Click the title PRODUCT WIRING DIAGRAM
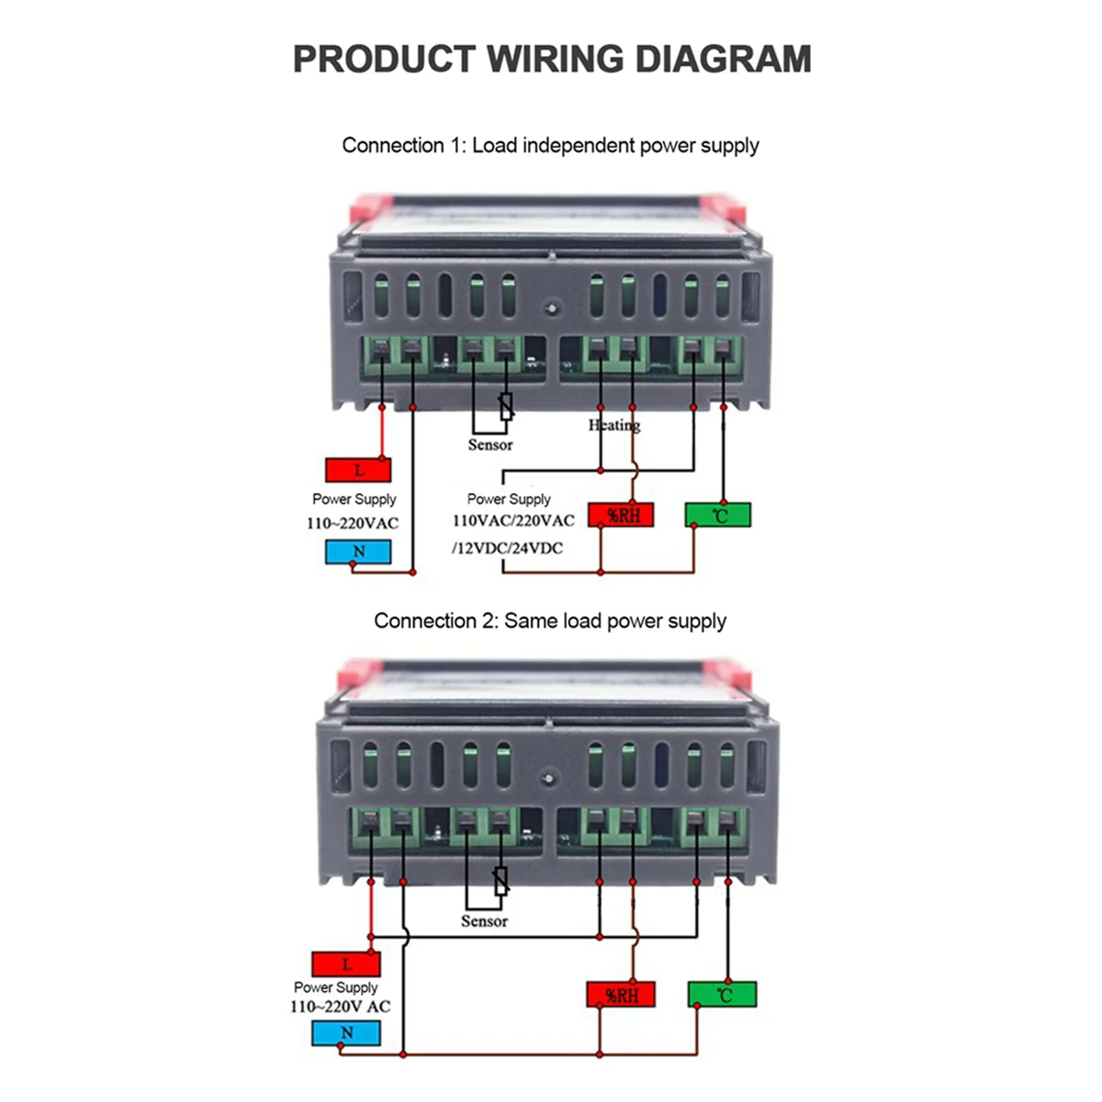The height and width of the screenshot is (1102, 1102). (x=551, y=59)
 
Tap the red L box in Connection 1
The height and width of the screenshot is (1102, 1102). (x=358, y=470)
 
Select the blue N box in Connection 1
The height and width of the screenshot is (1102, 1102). (x=358, y=551)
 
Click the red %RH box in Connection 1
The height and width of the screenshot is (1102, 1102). (x=622, y=515)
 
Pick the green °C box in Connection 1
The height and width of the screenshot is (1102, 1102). (x=718, y=515)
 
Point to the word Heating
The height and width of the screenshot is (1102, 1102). (x=613, y=425)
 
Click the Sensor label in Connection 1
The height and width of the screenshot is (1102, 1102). (x=490, y=445)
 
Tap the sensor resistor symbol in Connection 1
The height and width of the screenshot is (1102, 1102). (x=506, y=407)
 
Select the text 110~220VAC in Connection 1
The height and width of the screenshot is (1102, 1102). (x=353, y=523)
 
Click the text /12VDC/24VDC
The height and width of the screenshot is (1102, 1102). (x=507, y=548)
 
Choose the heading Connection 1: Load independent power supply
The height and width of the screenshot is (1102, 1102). (x=550, y=145)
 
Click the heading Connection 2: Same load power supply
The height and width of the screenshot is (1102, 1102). (x=550, y=621)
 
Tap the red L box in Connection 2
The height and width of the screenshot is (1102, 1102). (x=346, y=964)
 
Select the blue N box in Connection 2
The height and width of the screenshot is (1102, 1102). (x=346, y=1033)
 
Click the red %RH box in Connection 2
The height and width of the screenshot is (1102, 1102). (x=622, y=995)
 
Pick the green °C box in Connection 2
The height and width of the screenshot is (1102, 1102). (x=723, y=995)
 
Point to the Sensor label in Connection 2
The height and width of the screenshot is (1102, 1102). (x=484, y=921)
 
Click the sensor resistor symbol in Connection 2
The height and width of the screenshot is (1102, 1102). (x=500, y=882)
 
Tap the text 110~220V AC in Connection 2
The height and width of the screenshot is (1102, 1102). (x=340, y=1006)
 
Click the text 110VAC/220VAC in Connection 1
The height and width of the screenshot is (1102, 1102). (x=513, y=521)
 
